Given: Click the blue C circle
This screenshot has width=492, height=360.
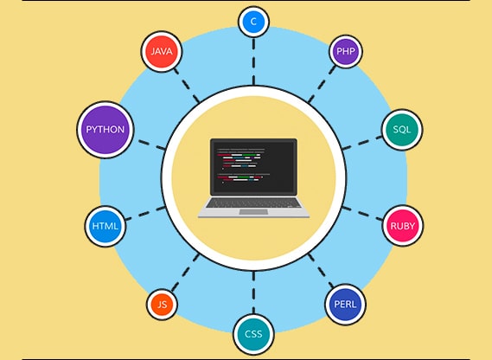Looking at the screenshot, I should click(x=253, y=21).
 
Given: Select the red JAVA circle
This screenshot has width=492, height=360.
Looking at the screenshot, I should click(x=162, y=51).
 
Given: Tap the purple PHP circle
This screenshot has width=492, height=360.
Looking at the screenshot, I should click(x=345, y=51).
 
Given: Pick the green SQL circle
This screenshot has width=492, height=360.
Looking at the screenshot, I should click(x=402, y=130).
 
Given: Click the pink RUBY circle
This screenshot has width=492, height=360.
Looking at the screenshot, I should click(x=403, y=226).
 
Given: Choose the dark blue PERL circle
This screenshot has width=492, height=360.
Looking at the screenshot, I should click(x=346, y=304).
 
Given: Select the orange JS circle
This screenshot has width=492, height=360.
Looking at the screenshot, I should click(x=162, y=304).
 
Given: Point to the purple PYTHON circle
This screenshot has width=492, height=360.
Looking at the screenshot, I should click(x=105, y=130).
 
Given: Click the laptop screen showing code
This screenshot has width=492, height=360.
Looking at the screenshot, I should click(x=253, y=167).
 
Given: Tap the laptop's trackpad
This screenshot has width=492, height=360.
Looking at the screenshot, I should click(x=253, y=211).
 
